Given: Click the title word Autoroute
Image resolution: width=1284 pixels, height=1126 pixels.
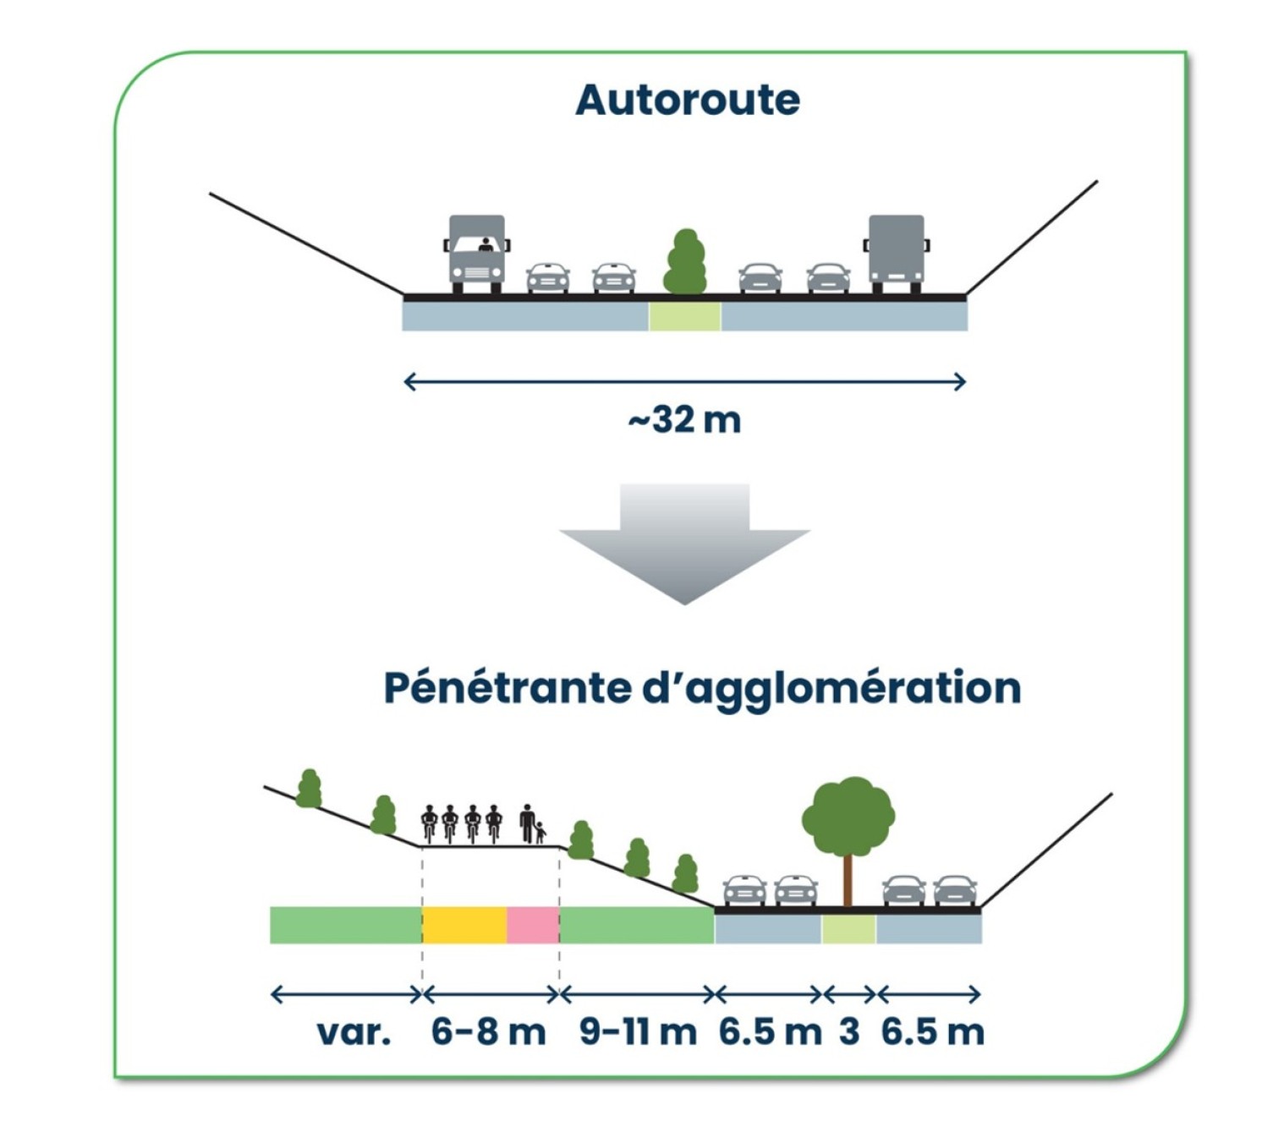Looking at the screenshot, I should [x=687, y=100].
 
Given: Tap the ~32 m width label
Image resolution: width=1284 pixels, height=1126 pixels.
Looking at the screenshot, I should [x=684, y=419].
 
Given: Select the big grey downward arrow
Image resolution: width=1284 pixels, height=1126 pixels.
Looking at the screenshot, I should [x=684, y=541].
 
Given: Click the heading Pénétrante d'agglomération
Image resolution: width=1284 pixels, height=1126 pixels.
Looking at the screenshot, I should [x=702, y=687].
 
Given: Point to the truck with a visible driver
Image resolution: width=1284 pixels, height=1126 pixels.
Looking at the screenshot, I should [x=476, y=254].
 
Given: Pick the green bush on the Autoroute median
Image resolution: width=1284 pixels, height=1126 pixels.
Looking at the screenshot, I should [x=685, y=262].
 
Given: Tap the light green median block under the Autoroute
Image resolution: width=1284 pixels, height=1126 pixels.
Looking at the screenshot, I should [x=684, y=316].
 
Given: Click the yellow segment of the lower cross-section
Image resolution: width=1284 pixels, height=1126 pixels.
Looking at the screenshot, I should [x=464, y=925].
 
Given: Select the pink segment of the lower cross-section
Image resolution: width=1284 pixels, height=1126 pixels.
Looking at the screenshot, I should [x=533, y=925].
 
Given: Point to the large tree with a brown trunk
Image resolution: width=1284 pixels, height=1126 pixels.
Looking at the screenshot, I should [x=848, y=833].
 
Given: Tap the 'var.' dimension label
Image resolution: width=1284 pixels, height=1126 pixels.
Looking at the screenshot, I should [x=354, y=1032].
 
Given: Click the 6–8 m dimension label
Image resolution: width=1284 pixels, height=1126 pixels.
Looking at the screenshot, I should [x=488, y=1032].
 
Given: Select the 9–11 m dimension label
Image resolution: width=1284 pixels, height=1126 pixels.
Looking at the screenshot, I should [x=638, y=1032].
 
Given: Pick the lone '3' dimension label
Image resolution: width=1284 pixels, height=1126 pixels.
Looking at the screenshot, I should [x=849, y=1032].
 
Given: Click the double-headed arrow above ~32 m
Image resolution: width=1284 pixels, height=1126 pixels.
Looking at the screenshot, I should [x=684, y=382].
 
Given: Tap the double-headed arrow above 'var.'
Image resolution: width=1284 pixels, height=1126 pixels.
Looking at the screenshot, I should [x=346, y=994].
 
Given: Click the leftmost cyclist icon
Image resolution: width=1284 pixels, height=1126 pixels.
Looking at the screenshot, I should [x=430, y=823].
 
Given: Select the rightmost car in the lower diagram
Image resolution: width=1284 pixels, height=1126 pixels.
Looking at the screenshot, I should [x=955, y=890].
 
